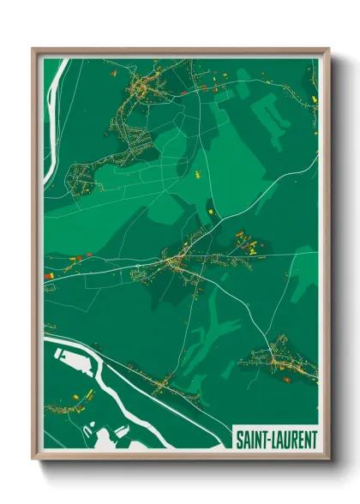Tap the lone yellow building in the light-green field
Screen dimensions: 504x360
(x=195, y=176)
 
